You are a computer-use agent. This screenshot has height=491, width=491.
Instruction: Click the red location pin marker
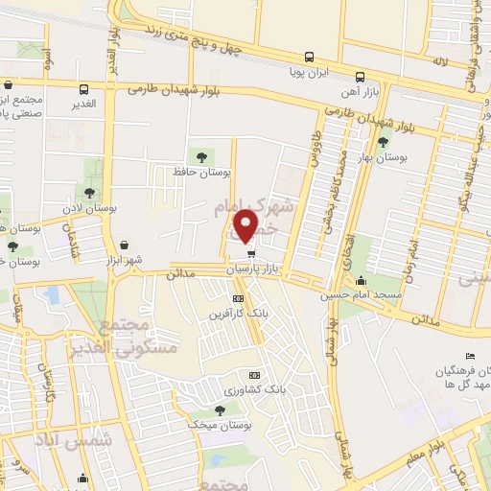click(246, 226)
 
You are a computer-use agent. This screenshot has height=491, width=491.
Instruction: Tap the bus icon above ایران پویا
click(309, 56)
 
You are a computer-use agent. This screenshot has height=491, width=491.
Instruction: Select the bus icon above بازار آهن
click(360, 77)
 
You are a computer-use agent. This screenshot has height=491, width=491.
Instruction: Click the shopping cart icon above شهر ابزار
click(127, 245)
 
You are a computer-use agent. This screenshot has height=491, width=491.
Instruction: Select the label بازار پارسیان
click(265, 270)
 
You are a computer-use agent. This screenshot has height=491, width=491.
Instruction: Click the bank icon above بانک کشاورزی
click(254, 375)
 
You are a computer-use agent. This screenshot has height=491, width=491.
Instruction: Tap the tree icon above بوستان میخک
click(222, 409)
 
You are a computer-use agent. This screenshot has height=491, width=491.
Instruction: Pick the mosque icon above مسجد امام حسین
click(361, 281)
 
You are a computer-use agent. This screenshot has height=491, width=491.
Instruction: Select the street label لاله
click(439, 61)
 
